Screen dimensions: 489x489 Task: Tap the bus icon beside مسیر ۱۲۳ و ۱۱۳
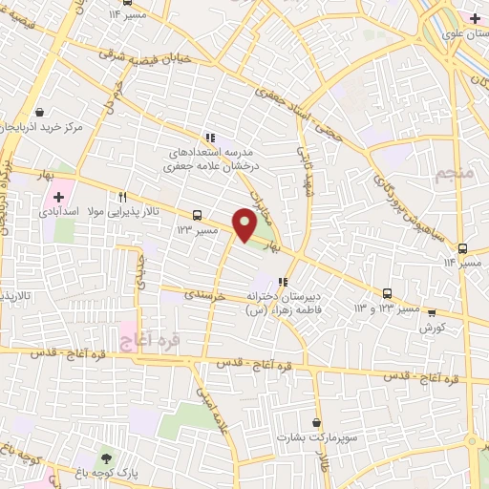click(x=388, y=294)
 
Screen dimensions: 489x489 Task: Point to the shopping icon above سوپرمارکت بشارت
click(x=315, y=422)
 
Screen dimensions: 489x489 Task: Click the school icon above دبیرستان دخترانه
click(x=282, y=282)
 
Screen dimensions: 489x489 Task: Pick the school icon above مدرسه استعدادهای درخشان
click(x=210, y=138)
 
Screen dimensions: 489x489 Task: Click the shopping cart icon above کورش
click(x=431, y=312)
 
